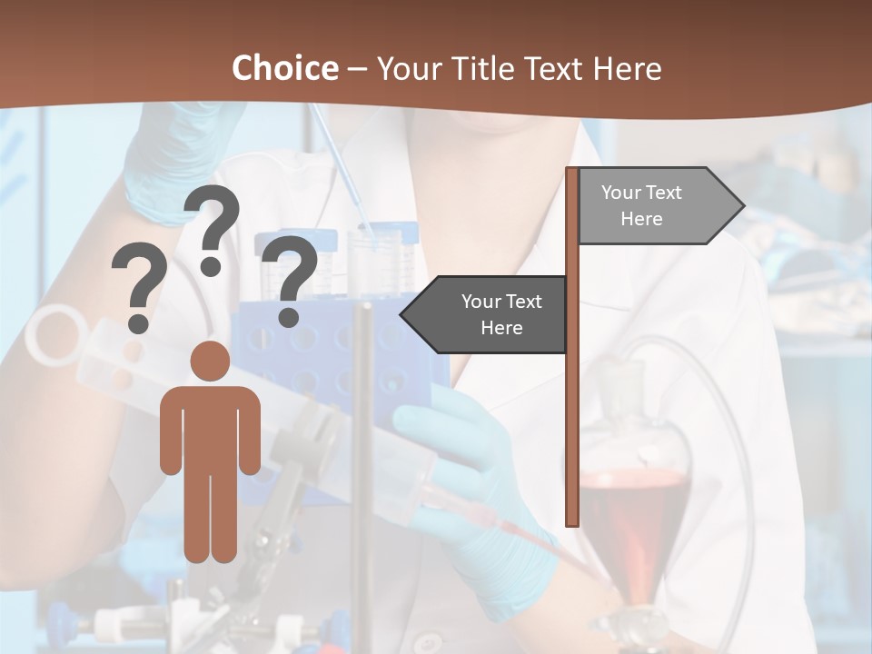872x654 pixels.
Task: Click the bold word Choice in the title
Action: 284,68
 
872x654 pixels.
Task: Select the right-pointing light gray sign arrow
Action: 654,206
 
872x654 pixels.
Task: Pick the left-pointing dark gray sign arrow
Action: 490,314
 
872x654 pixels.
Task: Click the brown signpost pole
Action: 572,409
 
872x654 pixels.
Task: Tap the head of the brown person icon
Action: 210,361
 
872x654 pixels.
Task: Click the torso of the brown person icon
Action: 210,427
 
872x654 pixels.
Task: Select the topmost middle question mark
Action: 212,227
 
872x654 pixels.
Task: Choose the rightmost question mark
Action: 289,277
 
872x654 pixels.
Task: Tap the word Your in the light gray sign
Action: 621,193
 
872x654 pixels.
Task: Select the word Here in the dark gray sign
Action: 501,328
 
